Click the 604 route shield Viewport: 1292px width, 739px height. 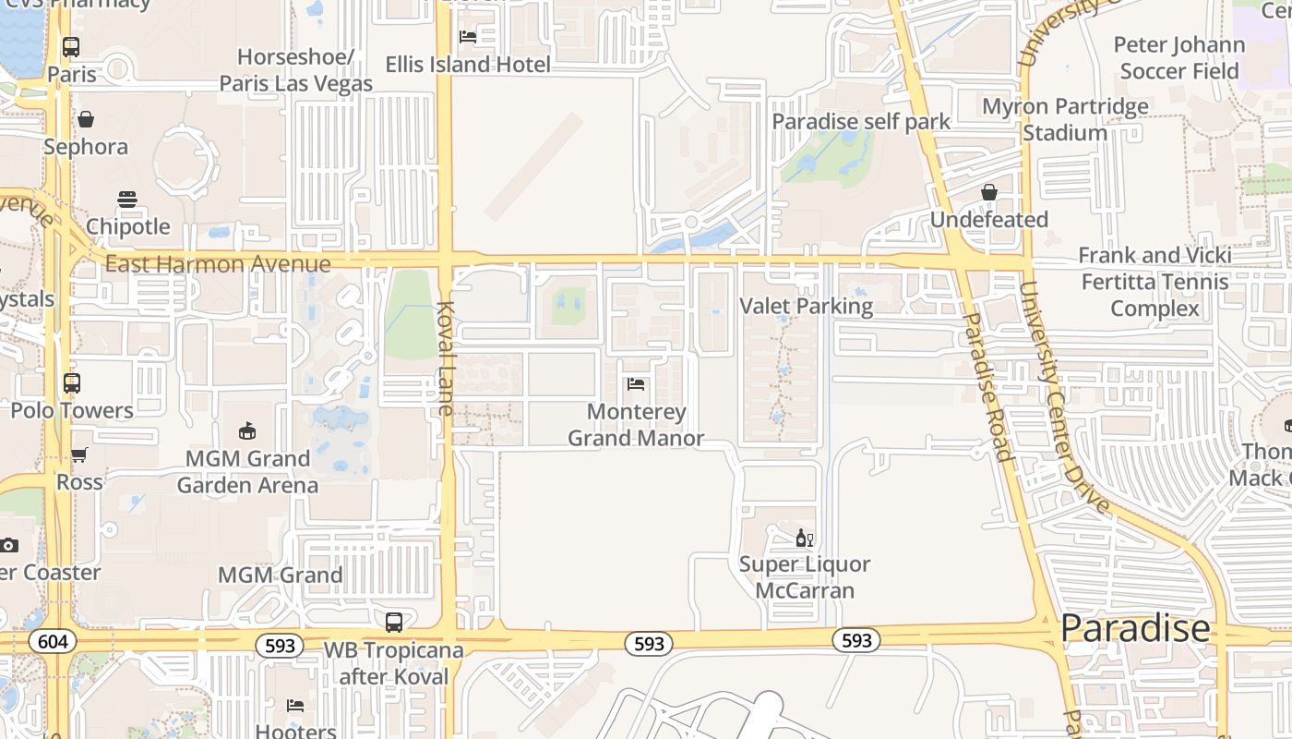[x=53, y=642]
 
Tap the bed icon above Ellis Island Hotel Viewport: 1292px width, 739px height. [x=468, y=37]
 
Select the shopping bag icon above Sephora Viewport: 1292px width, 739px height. [x=86, y=119]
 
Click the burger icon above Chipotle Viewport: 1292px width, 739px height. [x=127, y=200]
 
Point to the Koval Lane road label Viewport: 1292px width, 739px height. [x=446, y=357]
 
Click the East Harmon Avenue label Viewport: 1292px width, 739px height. [x=218, y=264]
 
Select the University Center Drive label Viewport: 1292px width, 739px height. [x=1063, y=397]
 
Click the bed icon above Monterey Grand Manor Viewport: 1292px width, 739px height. [x=635, y=384]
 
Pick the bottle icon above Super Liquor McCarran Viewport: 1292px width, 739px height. [x=805, y=538]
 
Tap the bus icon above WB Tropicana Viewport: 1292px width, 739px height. [x=394, y=623]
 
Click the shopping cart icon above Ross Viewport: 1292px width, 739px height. [x=79, y=455]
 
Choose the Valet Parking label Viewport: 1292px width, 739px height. [x=807, y=306]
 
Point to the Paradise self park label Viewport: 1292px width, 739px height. [x=861, y=121]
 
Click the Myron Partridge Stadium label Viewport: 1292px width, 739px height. [x=1065, y=119]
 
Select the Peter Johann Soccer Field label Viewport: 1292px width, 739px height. [x=1178, y=57]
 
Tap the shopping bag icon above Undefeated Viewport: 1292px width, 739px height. [x=989, y=192]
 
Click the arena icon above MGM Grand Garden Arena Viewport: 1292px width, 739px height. [x=247, y=430]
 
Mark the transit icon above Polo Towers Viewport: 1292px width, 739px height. [x=72, y=382]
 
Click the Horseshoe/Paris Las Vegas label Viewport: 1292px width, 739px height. [x=295, y=70]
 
